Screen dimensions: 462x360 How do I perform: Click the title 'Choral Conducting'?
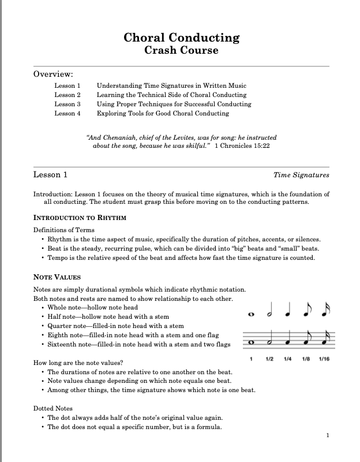(x=181, y=38)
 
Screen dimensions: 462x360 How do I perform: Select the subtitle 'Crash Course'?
(x=181, y=50)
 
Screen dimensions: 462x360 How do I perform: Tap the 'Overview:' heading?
(x=53, y=74)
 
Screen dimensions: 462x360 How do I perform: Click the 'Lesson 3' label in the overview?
(x=67, y=104)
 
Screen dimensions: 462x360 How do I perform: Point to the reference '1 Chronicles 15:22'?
(x=242, y=147)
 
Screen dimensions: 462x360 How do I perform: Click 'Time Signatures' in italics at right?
(x=301, y=174)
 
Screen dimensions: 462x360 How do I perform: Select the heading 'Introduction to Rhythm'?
(x=80, y=218)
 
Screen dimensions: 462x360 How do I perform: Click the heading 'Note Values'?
(x=57, y=277)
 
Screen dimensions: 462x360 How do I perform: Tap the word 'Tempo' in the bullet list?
(x=58, y=258)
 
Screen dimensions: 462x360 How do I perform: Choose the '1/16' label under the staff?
(x=324, y=360)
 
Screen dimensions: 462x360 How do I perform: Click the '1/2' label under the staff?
(x=269, y=360)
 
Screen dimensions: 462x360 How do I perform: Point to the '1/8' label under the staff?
(x=306, y=360)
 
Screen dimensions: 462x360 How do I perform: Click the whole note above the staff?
(x=250, y=315)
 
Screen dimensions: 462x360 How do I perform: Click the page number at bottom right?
(x=327, y=435)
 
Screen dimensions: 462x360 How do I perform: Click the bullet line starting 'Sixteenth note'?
(x=138, y=345)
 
